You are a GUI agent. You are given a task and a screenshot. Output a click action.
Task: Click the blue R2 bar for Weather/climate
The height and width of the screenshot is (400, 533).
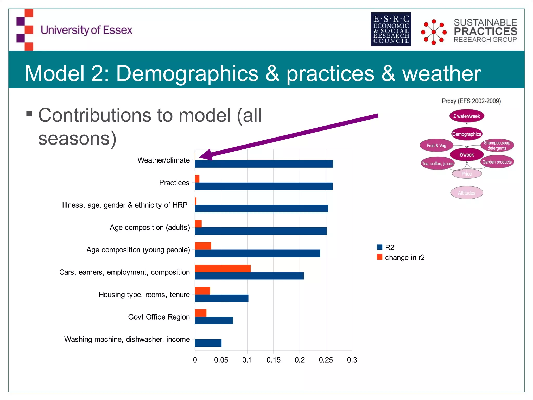point(264,164)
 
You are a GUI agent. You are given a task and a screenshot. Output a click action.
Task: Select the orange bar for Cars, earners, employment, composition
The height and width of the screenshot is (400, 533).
point(223,268)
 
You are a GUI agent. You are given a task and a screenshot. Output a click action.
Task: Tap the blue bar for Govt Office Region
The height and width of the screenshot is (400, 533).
point(214,321)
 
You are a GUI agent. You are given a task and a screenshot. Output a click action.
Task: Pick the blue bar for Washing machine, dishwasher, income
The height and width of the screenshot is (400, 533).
point(208,343)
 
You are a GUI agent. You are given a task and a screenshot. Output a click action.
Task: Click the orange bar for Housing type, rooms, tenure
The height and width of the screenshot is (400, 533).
point(202,291)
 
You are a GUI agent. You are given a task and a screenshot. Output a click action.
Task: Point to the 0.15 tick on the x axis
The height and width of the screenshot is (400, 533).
point(273,360)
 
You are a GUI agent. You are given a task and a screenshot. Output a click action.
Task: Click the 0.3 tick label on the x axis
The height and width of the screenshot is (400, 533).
point(352,360)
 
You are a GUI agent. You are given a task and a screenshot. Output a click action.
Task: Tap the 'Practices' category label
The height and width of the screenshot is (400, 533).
point(174,183)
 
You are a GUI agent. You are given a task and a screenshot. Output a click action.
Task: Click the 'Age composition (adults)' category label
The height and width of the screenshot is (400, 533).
point(150,227)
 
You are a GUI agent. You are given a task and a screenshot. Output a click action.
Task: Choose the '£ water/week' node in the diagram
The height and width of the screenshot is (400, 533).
point(467,116)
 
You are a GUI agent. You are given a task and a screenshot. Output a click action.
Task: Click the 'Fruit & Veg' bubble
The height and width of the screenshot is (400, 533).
point(436,146)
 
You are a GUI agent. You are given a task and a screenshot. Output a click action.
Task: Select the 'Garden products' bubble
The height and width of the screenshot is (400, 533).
point(497,162)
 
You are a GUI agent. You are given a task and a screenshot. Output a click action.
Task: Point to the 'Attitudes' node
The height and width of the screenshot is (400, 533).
point(467,193)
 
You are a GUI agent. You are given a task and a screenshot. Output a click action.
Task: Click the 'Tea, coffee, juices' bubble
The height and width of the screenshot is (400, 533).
point(438,164)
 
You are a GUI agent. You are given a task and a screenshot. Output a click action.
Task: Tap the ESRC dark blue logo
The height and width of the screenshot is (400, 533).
point(391,29)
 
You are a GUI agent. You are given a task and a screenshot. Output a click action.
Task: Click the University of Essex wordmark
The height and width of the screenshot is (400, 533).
point(86,30)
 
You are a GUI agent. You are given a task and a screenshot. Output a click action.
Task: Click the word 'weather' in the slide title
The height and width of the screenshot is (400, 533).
point(441,73)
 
